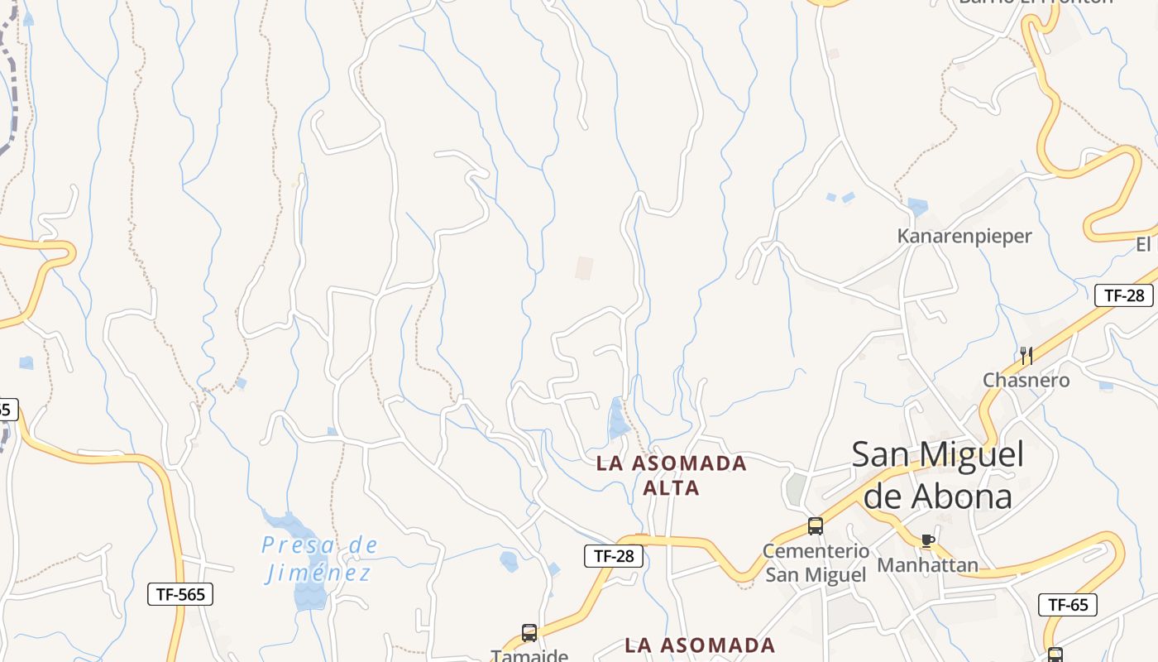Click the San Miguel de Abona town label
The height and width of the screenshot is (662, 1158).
(937, 476)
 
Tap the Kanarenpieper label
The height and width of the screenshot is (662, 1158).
(964, 236)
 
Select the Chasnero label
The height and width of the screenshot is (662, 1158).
(1026, 380)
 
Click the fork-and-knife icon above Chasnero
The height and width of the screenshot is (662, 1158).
(1026, 356)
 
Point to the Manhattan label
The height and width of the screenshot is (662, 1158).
(927, 565)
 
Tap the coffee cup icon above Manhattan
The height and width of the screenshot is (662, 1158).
(928, 541)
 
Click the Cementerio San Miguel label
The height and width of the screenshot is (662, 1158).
(816, 563)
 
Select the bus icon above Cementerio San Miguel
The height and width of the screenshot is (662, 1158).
(816, 526)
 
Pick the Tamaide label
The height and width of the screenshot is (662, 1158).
(529, 655)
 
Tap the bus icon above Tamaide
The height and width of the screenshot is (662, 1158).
(529, 634)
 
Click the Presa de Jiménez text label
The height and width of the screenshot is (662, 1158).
(319, 559)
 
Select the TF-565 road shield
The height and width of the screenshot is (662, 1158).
(180, 593)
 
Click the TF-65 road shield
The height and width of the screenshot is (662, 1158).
(1068, 605)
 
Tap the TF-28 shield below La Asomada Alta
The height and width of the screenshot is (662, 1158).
(614, 556)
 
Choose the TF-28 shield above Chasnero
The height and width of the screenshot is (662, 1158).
(1123, 295)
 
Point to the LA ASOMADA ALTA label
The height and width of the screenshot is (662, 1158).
(672, 475)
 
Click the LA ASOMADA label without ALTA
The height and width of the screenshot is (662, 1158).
(700, 645)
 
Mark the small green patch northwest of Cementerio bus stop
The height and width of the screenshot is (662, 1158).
(796, 488)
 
